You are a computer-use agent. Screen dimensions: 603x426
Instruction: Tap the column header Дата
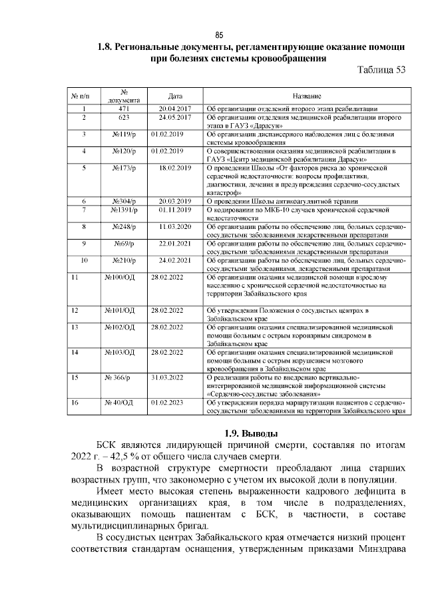(175, 97)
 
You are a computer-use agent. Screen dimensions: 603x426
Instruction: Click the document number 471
(123, 108)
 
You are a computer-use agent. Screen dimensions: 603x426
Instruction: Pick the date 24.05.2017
(175, 117)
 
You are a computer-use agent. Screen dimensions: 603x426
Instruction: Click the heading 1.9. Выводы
(244, 433)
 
